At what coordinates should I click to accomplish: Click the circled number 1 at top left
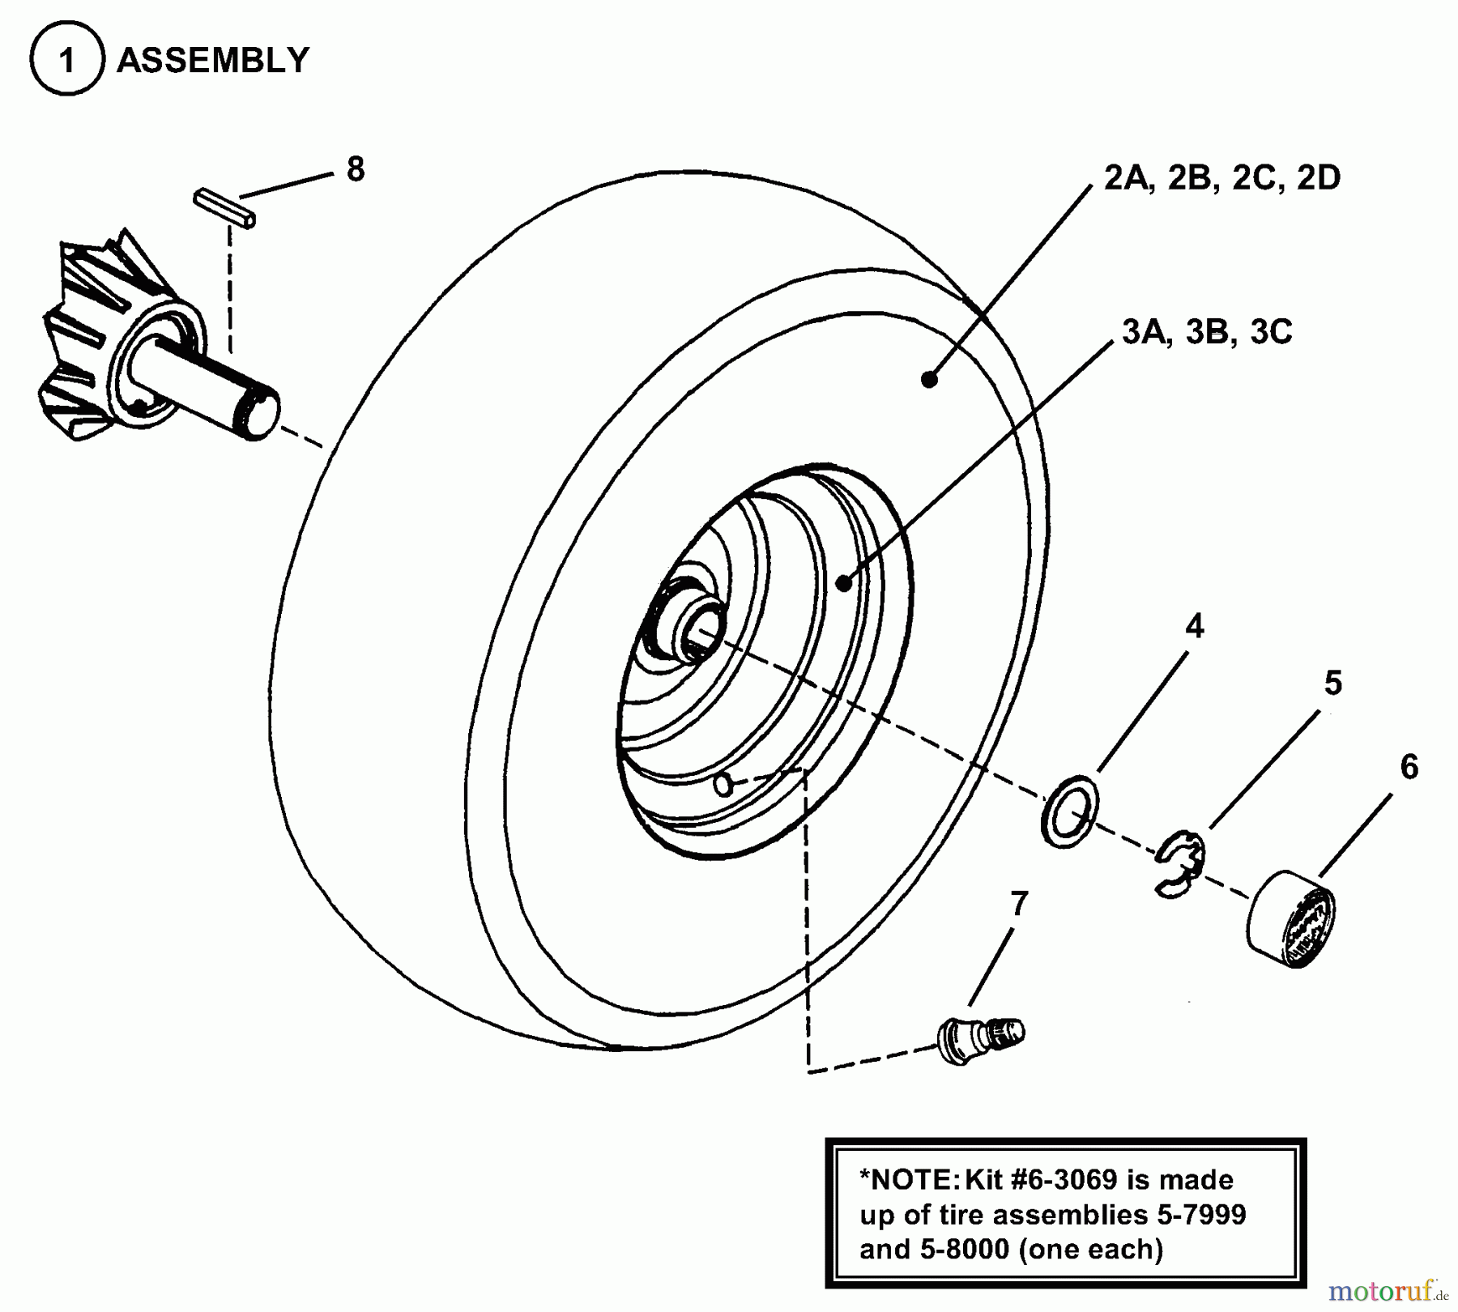(x=66, y=60)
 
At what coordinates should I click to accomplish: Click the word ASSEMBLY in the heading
(x=213, y=61)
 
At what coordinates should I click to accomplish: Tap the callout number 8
(x=355, y=169)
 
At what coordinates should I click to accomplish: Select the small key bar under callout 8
(x=225, y=207)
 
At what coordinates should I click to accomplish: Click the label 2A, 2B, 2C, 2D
(x=1221, y=177)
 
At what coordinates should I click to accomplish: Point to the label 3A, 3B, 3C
(x=1207, y=332)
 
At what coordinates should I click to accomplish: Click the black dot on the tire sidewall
(x=929, y=378)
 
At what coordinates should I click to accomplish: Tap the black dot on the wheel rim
(x=843, y=582)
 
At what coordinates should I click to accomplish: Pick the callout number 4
(x=1195, y=626)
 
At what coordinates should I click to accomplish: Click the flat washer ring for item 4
(x=1069, y=811)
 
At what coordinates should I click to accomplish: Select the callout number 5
(x=1332, y=683)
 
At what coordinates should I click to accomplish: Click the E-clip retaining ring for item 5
(x=1179, y=865)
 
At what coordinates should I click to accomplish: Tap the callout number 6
(x=1409, y=767)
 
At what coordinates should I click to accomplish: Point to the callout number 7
(x=1019, y=903)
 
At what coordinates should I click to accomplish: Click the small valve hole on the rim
(x=723, y=784)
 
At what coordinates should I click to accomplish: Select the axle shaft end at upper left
(x=258, y=411)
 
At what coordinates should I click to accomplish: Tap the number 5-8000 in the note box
(x=964, y=1249)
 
